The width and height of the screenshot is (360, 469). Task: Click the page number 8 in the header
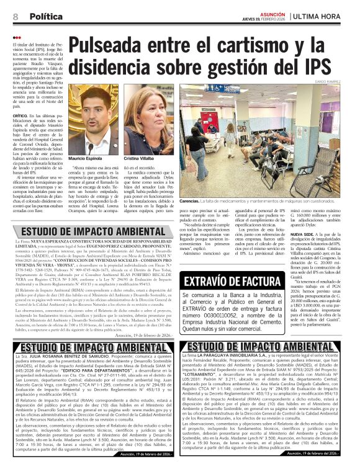[15, 17]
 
